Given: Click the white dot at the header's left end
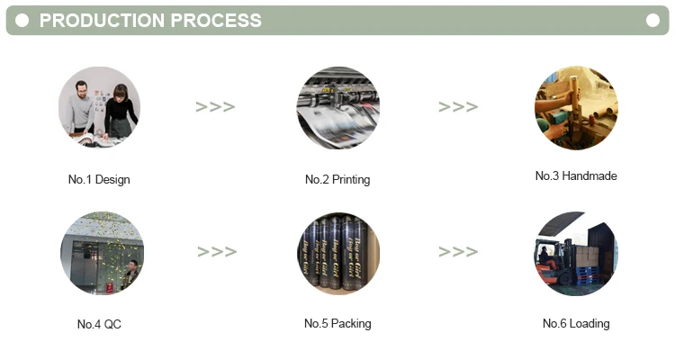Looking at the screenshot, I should coord(22,20).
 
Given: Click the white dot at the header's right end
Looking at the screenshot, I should coord(652,20).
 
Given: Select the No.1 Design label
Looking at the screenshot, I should coord(99,179).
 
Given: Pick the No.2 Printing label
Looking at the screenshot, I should coord(337,179).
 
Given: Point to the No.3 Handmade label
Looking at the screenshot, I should coord(576,175).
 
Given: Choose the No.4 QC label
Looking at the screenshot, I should coord(99,324).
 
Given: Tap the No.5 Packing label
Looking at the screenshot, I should coord(337,323).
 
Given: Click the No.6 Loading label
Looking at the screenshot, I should coord(576,323).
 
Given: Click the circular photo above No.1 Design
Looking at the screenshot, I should coord(99,107).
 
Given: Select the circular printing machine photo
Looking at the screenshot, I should coord(338,107).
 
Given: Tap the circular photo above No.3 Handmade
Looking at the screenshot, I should coord(576,107).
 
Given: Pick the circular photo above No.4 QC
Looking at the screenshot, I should coord(102,253).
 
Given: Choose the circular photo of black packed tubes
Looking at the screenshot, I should coord(338,253).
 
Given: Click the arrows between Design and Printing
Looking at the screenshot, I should coord(216,107).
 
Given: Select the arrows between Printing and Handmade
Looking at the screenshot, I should coord(458,107).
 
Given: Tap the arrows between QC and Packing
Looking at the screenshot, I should coord(217,252).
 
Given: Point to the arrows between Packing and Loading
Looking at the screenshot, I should coord(458,252).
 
